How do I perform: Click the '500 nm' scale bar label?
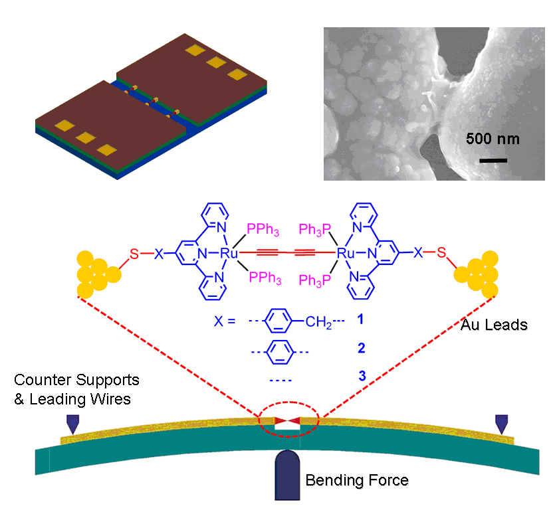493,139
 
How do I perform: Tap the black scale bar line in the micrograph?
493,160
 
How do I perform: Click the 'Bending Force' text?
357,479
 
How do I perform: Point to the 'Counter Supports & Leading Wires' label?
77,389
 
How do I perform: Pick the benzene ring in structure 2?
280,348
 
